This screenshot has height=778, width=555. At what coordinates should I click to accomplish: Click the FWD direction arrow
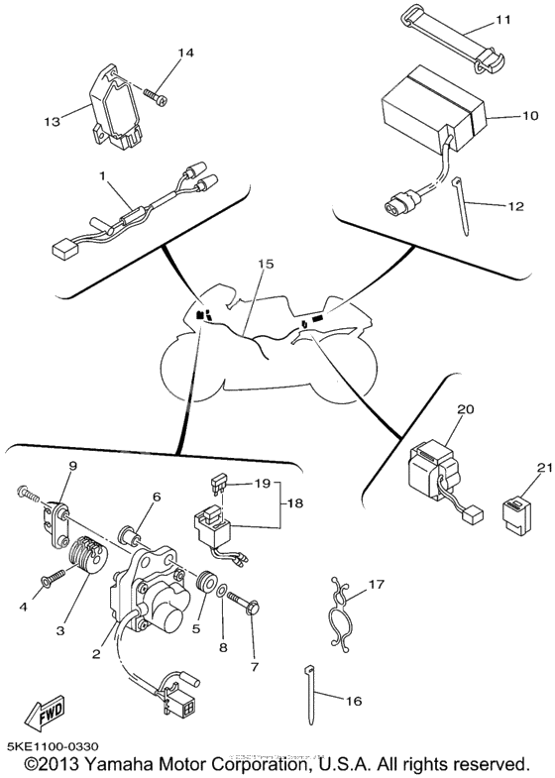[x=46, y=713]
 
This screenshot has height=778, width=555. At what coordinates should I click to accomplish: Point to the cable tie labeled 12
[x=461, y=208]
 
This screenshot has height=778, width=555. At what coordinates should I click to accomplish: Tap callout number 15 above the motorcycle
[x=266, y=264]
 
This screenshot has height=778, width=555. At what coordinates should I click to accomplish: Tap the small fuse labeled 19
[x=215, y=486]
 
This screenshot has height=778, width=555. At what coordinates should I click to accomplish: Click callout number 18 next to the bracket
[x=294, y=503]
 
